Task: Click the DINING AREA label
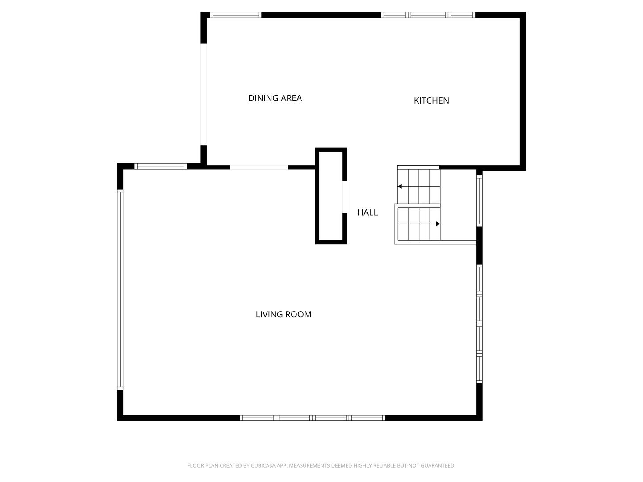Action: coord(275,98)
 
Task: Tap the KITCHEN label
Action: coord(431,100)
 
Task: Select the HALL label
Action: coord(367,212)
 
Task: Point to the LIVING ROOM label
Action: coord(284,314)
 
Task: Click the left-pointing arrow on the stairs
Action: coord(400,187)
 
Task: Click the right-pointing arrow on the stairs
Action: coord(438,224)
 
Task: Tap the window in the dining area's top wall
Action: coord(235,15)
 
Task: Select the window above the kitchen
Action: coord(428,15)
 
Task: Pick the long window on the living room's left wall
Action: coord(120,289)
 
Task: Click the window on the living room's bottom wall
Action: coord(312,418)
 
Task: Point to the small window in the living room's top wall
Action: coord(160,166)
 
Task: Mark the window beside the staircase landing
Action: coord(480,200)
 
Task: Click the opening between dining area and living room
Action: coord(259,167)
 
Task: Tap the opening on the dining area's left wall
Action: coord(204,94)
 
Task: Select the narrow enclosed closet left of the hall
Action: coord(331,196)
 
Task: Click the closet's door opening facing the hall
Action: coord(344,196)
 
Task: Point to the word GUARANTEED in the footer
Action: coord(438,465)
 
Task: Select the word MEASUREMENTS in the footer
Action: coord(310,465)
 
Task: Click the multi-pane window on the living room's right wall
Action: coord(480,324)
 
